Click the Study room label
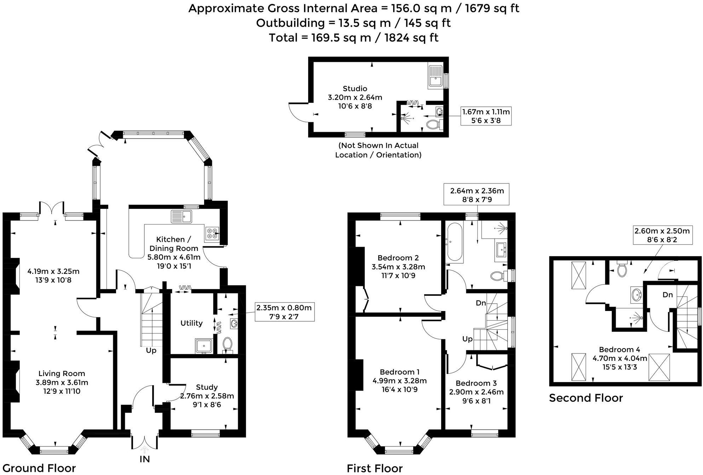[207, 387]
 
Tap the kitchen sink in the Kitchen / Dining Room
[181, 216]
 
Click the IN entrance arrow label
[144, 459]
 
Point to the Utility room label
[191, 323]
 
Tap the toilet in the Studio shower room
[433, 124]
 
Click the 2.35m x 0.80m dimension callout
[284, 312]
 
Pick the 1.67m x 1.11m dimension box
[486, 116]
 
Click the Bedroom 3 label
[476, 383]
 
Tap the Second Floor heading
[586, 398]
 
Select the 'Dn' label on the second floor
[667, 295]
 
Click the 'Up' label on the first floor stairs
[467, 339]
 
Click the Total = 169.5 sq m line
[353, 37]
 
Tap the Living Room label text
[62, 374]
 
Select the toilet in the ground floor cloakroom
[227, 344]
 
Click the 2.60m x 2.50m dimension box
[662, 235]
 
